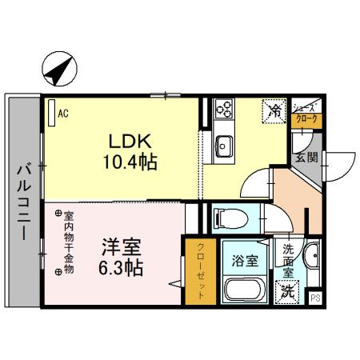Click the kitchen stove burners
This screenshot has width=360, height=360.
(223, 108)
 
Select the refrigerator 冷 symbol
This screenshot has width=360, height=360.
(274, 109)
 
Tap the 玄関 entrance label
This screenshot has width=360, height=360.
(306, 157)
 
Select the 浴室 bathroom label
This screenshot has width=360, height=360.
(246, 259)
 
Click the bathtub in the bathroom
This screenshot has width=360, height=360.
(246, 289)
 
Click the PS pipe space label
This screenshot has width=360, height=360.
(314, 298)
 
